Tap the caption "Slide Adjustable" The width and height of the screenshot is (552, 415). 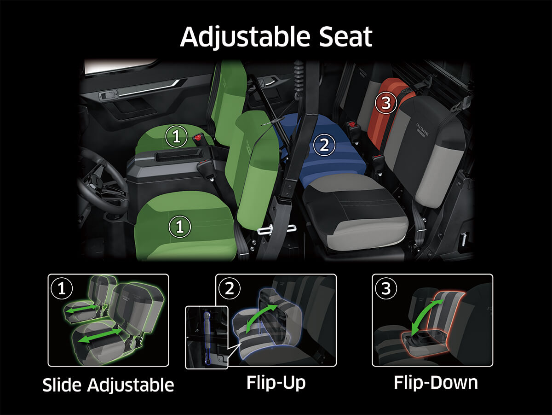[x=108, y=385]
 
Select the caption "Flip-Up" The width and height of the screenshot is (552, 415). [x=276, y=382]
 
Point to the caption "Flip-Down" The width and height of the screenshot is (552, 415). [x=435, y=382]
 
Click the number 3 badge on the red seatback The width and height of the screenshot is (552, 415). [x=385, y=103]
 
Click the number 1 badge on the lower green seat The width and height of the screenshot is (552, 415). [x=179, y=226]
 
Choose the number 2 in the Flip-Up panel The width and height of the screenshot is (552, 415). [x=229, y=288]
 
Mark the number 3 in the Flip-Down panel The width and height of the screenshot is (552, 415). [x=385, y=288]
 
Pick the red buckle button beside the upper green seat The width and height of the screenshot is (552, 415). [x=199, y=137]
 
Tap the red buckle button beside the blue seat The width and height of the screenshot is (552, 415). [x=353, y=125]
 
